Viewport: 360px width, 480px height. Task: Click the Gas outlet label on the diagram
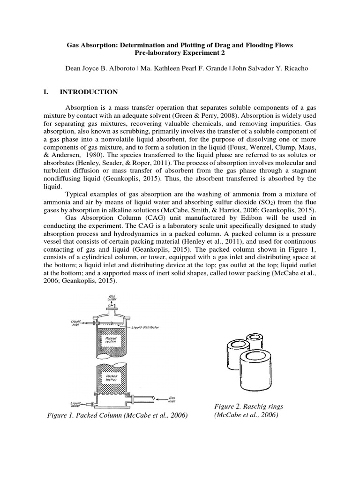point(112,299)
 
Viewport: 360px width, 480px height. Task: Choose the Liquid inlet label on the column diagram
point(76,323)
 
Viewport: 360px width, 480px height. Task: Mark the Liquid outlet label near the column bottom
point(76,404)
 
